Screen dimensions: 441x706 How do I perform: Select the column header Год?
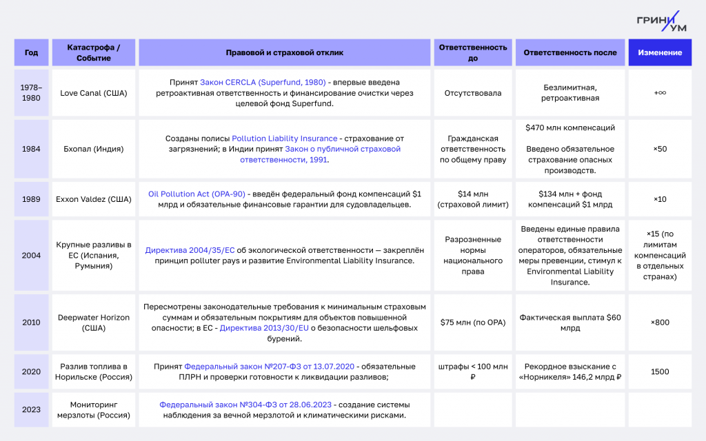point(32,52)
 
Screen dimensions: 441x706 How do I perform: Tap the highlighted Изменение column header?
point(660,52)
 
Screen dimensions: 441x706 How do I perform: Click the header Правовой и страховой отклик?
point(285,52)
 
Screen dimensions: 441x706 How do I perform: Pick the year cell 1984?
point(32,149)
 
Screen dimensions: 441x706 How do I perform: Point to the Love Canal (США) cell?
point(94,92)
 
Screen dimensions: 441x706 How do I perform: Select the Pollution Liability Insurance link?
point(285,139)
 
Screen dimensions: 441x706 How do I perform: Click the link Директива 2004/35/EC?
point(190,250)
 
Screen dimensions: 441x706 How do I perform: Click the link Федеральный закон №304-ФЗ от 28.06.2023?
point(245,404)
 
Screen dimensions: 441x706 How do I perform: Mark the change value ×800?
point(660,322)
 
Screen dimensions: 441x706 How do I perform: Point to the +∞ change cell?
point(660,92)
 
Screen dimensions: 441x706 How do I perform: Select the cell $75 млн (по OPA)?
point(473,322)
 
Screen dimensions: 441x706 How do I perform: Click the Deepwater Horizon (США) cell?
point(94,322)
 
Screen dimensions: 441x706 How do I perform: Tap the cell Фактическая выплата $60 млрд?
point(570,322)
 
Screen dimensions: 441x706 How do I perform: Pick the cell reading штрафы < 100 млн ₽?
point(473,372)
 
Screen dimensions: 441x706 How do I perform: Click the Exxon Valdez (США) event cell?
point(94,199)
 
